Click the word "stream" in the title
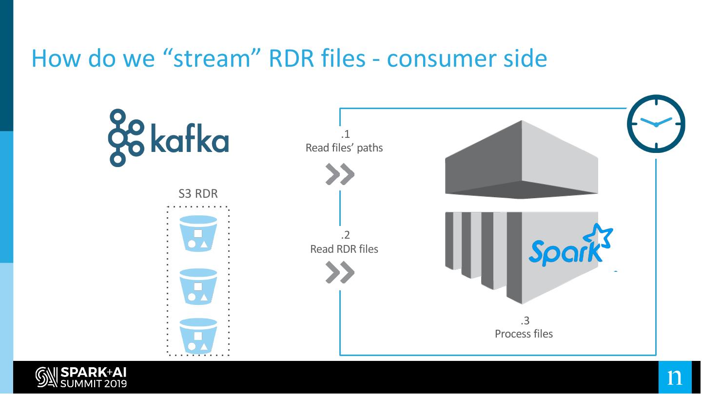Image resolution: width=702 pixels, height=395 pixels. tap(212, 59)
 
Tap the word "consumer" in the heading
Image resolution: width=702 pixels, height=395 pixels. tap(441, 59)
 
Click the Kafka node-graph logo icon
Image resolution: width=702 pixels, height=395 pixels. tap(126, 138)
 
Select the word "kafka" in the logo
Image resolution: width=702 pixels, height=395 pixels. tap(190, 138)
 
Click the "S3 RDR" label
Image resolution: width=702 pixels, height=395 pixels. tap(198, 193)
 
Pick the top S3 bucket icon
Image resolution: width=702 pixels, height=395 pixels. tap(198, 233)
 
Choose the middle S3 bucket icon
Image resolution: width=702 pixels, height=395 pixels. tap(198, 286)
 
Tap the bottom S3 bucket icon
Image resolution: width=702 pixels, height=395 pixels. tap(198, 336)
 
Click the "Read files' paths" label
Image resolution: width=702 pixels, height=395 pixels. tap(344, 148)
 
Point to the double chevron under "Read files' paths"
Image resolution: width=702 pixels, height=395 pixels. tap(340, 174)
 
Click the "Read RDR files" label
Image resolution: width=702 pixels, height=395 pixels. tap(344, 249)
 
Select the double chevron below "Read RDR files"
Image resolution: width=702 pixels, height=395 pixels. tap(340, 272)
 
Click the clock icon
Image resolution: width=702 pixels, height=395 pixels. tap(656, 124)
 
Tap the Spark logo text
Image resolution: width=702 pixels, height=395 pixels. tap(565, 253)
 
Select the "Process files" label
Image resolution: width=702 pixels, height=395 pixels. tap(524, 334)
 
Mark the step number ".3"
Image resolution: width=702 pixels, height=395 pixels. tap(525, 320)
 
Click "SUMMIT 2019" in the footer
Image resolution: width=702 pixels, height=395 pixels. tap(94, 384)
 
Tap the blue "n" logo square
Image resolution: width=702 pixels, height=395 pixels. tap(675, 377)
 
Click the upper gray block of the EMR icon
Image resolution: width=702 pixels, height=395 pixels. tap(522, 160)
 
